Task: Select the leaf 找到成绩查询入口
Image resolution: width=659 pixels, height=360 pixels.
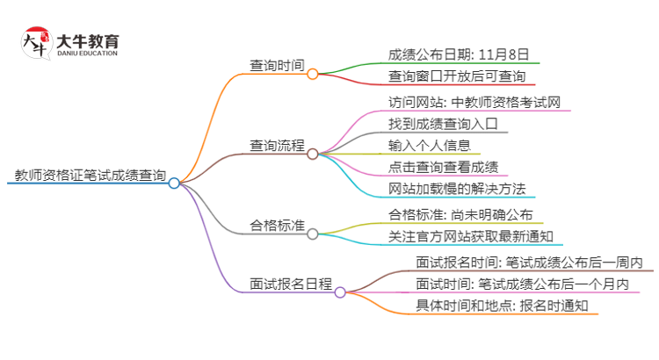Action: [442, 124]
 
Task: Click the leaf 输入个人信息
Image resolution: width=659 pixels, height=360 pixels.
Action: [430, 145]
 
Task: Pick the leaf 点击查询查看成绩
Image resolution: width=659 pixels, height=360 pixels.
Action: [443, 167]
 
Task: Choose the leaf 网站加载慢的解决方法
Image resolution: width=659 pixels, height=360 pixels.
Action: [456, 189]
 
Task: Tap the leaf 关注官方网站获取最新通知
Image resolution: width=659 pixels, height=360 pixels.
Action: [470, 236]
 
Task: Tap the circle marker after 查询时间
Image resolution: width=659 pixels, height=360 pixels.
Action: [312, 75]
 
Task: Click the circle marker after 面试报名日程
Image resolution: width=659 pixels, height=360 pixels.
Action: [340, 292]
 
